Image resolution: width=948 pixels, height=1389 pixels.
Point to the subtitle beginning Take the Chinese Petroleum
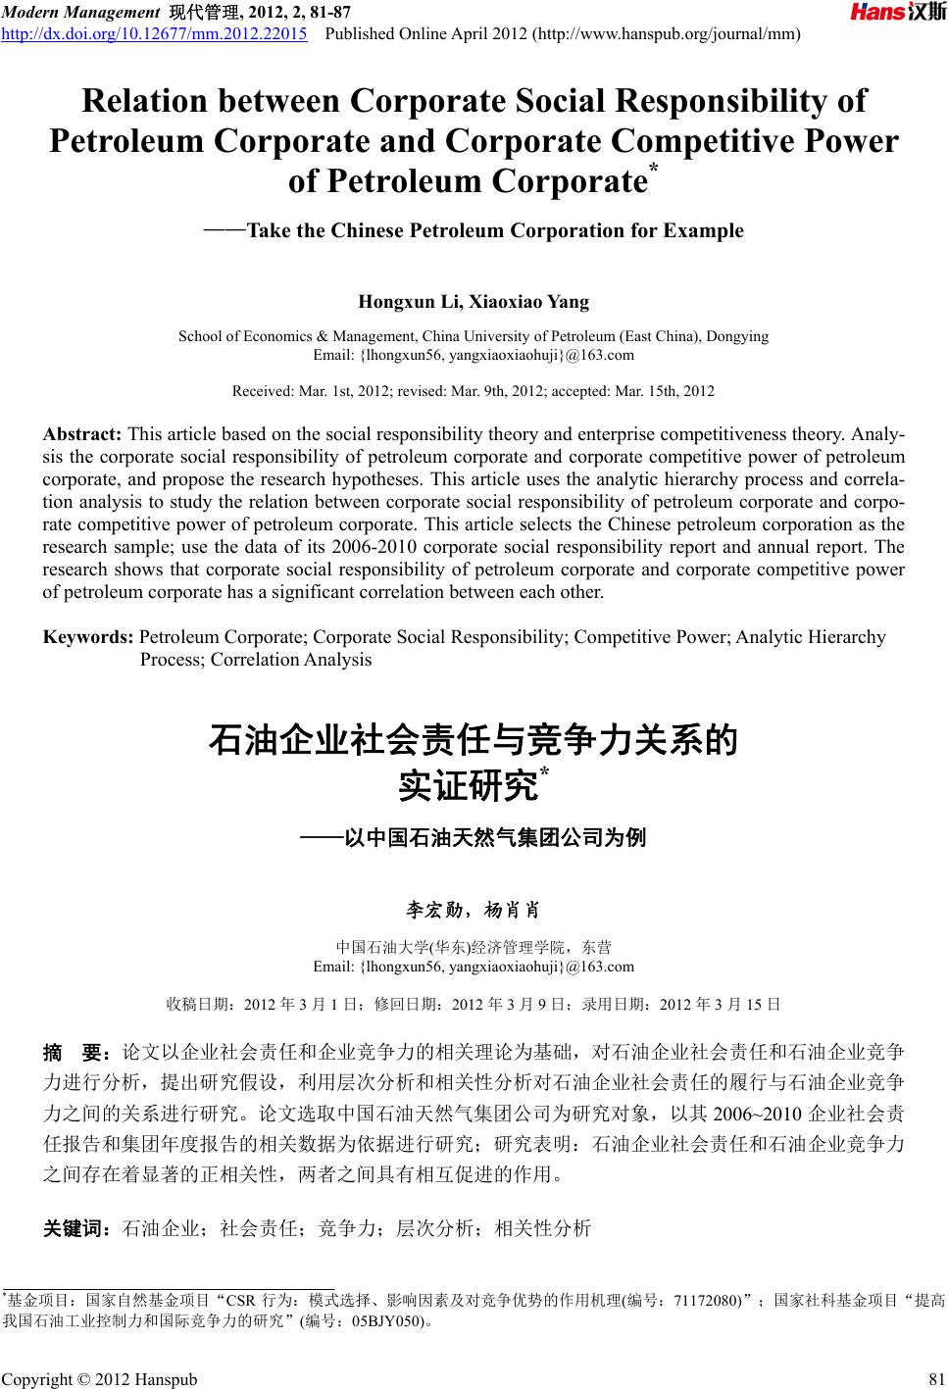coord(495,231)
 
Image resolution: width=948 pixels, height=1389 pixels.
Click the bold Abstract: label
coord(82,433)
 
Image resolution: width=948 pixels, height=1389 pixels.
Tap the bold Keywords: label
coord(88,637)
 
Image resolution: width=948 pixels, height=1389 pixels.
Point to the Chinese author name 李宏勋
coord(437,910)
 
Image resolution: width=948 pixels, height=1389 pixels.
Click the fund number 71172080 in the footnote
coord(707,1301)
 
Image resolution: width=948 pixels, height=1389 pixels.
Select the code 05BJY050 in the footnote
coord(386,1320)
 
